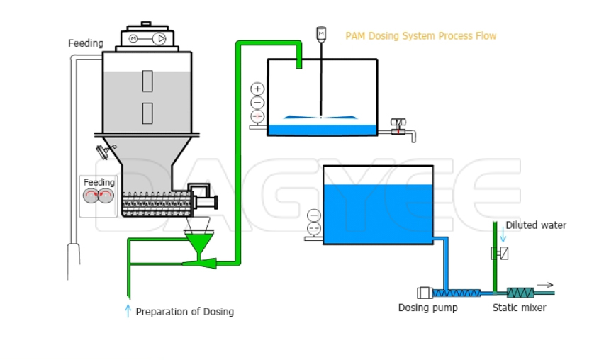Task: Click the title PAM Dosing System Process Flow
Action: (420, 35)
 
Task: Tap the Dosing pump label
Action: (427, 308)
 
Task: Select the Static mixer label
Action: (519, 308)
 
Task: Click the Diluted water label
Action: (536, 225)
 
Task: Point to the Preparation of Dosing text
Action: (184, 311)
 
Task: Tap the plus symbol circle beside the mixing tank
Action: (257, 89)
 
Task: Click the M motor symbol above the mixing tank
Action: (321, 33)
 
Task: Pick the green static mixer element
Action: (521, 292)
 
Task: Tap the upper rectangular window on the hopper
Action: (147, 81)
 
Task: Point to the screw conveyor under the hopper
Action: (155, 204)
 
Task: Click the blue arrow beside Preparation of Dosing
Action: (128, 310)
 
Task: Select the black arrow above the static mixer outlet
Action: (545, 284)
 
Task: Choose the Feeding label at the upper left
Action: (86, 43)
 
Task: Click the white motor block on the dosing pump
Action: (425, 292)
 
